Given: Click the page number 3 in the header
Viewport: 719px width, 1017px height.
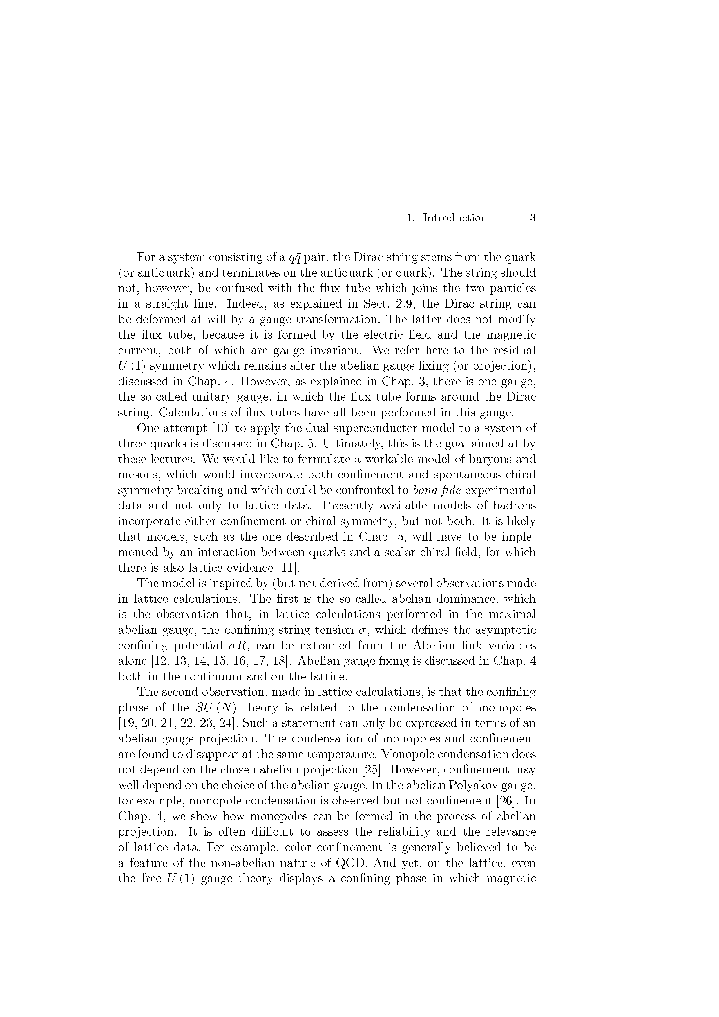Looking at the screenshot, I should click(533, 218).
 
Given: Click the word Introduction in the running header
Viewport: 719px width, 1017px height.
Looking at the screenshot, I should click(455, 218).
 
